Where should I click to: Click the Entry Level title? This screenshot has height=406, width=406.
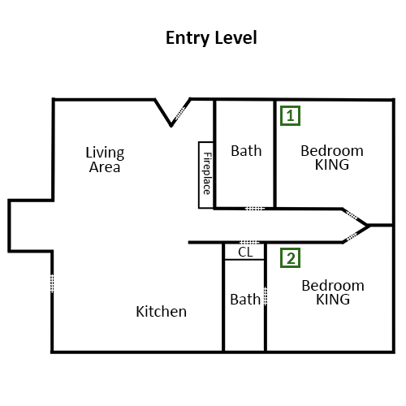[x=211, y=38]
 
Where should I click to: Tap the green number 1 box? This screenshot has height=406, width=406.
[x=290, y=115]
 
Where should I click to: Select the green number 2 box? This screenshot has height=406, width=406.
[x=290, y=258]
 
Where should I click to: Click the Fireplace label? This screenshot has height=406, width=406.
[x=207, y=173]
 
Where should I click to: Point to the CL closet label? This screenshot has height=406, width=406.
[x=245, y=253]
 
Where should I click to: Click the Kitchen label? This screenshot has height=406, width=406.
[x=161, y=312]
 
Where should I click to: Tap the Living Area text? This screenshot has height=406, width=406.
[x=105, y=160]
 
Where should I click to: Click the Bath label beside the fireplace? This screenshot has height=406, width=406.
[x=246, y=151]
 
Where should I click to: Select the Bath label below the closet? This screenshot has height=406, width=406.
[x=245, y=300]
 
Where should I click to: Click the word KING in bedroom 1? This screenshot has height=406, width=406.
[x=332, y=165]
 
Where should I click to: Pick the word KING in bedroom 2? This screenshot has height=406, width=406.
[x=333, y=300]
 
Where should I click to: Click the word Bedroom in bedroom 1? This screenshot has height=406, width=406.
[x=332, y=151]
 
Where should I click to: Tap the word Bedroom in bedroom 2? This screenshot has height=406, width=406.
[x=333, y=286]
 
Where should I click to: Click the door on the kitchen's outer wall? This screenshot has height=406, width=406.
[x=52, y=283]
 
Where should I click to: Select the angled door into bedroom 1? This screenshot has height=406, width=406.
[x=352, y=215]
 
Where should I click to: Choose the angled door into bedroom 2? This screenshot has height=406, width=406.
[x=352, y=236]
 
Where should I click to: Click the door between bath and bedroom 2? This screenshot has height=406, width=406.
[x=266, y=296]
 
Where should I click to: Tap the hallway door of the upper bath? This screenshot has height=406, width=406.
[x=255, y=209]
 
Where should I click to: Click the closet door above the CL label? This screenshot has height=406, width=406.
[x=249, y=242]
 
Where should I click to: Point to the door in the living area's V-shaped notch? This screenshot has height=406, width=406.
[x=180, y=113]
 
